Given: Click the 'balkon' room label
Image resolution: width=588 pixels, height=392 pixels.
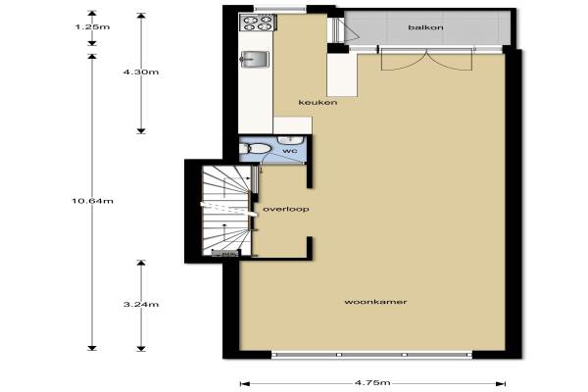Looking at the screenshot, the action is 425,27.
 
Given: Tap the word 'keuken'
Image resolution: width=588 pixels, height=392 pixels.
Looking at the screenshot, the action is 318,102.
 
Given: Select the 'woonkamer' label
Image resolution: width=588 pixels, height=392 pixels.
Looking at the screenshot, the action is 375,302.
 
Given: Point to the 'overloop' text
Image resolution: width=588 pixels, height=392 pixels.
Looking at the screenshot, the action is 286,209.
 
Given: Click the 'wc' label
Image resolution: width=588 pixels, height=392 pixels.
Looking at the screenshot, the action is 290,151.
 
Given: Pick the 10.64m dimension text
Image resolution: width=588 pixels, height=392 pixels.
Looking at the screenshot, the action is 92,201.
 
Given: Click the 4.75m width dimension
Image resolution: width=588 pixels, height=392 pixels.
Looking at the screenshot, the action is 372,382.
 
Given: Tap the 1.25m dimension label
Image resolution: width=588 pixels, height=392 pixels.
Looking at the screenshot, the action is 92,27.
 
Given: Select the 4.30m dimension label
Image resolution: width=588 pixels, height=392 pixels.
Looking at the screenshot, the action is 141,72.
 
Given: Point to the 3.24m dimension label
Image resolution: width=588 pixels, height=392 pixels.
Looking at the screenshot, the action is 141,304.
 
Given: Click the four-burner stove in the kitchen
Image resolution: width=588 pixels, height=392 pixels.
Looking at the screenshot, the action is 258,23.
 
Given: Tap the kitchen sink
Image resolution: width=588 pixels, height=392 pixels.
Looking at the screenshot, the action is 255,59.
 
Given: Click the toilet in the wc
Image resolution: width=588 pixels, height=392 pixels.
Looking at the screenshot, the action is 255,149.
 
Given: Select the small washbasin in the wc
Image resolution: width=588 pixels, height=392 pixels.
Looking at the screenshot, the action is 290,140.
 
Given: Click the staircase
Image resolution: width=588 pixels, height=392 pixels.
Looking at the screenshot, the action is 227,211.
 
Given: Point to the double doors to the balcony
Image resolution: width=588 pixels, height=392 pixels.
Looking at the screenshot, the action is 426,59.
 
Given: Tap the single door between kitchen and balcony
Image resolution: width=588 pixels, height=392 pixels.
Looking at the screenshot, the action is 343,30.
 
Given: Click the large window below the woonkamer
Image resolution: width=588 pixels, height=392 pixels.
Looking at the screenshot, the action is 371,355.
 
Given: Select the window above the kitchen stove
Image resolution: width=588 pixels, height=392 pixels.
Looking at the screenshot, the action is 280,8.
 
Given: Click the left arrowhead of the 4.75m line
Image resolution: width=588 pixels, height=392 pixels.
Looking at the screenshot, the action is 244,383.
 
